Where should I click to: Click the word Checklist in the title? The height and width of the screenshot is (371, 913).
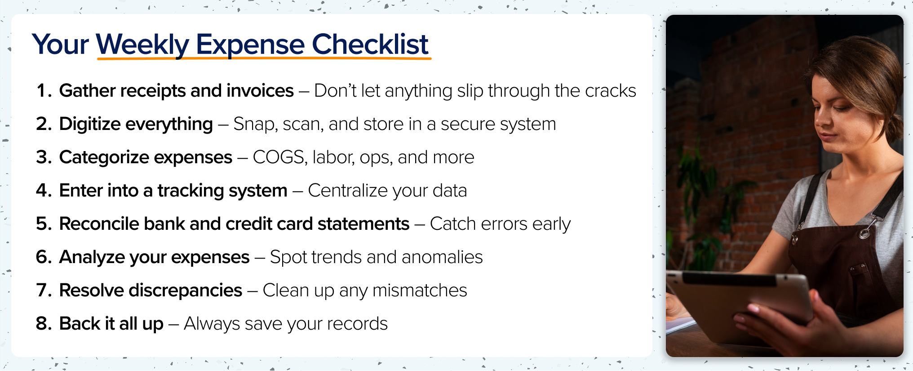370,44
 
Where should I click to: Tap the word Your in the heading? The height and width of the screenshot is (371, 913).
61,44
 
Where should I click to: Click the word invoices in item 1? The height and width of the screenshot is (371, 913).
260,90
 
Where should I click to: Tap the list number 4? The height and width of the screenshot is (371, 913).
44,190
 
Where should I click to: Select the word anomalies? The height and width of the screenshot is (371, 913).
442,257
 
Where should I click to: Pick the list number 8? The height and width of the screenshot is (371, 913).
44,323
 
